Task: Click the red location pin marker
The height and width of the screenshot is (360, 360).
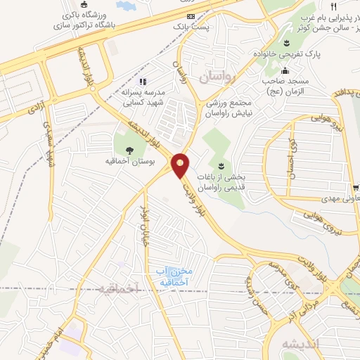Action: coord(181,165)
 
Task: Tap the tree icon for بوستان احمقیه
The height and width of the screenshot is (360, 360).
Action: coord(129,150)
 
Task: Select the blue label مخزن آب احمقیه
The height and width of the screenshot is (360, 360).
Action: coord(175,276)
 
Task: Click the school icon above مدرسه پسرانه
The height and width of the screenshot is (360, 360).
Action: coord(143,82)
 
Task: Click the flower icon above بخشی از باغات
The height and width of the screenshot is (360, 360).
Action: coord(221,166)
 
